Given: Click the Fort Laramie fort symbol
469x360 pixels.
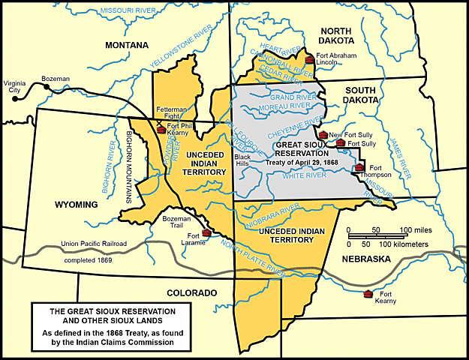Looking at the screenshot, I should (x=206, y=233).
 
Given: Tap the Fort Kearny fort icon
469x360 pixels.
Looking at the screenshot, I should (x=368, y=293).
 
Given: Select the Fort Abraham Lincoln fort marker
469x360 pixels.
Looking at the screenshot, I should (x=309, y=59).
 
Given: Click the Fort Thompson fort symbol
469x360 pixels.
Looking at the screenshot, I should (x=360, y=167).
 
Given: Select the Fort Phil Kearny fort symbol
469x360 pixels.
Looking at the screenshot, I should (x=161, y=130).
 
